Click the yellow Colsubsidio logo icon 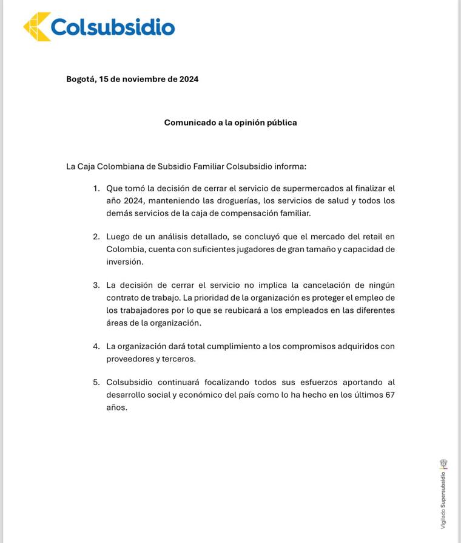click(36, 27)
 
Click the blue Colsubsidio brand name click(113, 27)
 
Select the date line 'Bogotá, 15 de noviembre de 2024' click(132, 79)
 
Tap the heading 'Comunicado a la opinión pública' click(231, 123)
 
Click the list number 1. click(96, 188)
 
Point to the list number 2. click(96, 237)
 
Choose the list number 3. click(96, 285)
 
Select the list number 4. click(96, 346)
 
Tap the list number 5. click(96, 383)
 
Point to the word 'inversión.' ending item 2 click(125, 262)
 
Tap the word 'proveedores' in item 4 click(130, 359)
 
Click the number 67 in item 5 click(389, 395)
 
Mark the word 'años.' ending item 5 click(117, 408)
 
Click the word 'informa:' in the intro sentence click(291, 166)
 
